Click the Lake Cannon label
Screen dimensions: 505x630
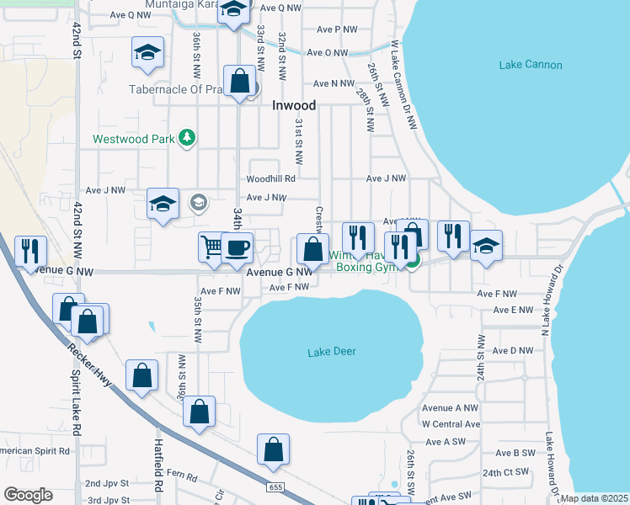point(530,65)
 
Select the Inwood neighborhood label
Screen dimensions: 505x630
point(294,106)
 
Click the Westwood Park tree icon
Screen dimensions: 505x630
point(187,138)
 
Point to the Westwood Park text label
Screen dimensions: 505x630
point(132,139)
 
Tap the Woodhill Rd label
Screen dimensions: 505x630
point(270,178)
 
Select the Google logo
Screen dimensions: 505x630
point(28,495)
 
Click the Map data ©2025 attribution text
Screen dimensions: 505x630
point(595,498)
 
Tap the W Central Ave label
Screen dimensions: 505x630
point(450,424)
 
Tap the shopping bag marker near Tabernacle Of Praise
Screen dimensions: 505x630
point(240,82)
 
